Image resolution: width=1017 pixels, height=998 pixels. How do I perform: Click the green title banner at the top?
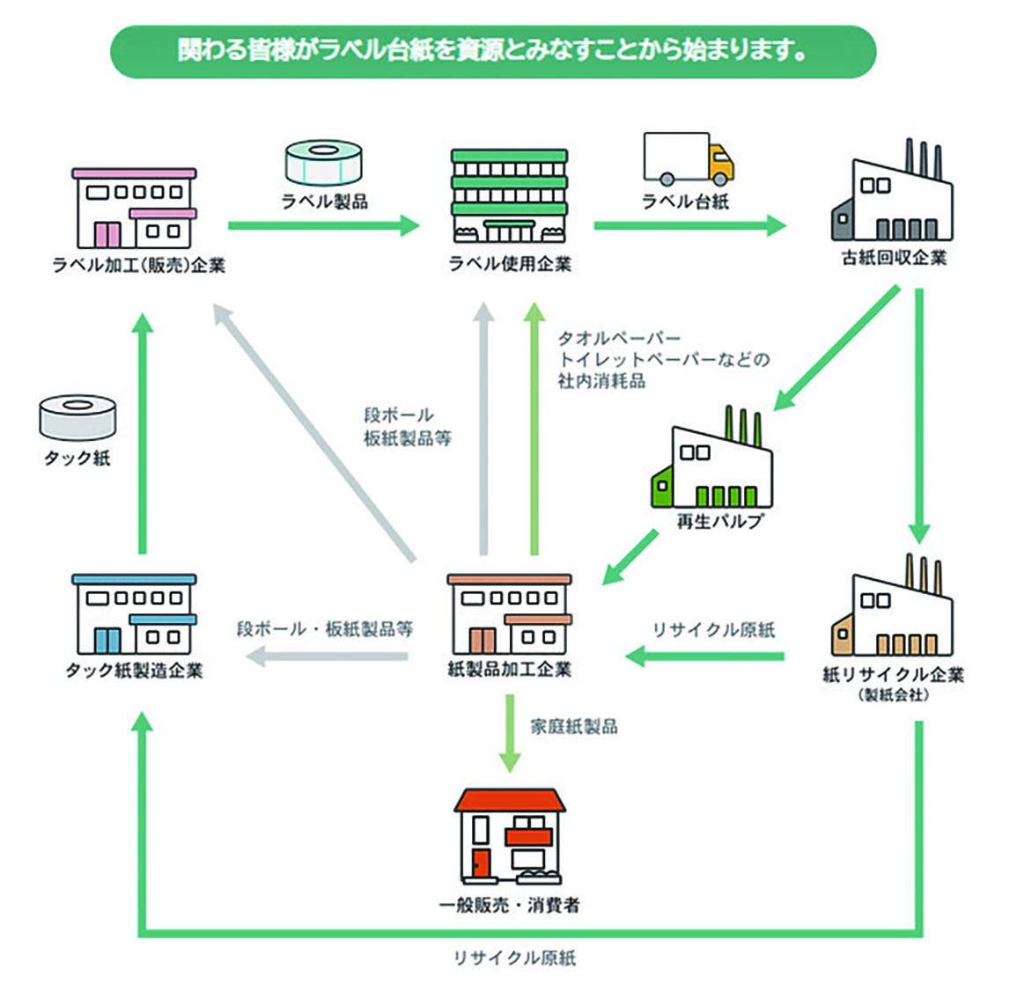coord(492,51)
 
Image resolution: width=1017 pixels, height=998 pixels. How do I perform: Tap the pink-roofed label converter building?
coord(135,208)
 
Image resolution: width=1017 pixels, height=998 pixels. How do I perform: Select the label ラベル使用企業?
coord(509,263)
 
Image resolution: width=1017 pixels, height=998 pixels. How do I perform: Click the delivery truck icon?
coord(688,159)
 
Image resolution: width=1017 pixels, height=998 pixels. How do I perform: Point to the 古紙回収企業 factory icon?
coord(892,194)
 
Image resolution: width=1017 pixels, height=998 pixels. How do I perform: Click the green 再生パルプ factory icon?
coord(712,461)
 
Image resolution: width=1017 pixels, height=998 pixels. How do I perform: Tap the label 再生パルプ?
coord(719,521)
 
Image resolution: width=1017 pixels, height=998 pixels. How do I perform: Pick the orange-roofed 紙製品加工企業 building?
coord(509,613)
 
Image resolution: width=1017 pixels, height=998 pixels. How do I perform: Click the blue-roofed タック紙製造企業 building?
coord(134,613)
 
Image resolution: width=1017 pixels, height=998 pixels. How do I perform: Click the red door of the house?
coord(480,863)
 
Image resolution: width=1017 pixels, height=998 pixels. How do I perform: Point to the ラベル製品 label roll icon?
coord(323,163)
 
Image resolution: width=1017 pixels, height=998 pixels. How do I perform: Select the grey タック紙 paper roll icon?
coord(77,418)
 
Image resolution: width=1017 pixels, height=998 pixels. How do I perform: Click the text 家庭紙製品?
coord(573,726)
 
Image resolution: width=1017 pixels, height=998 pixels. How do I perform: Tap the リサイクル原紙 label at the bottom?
coord(514,958)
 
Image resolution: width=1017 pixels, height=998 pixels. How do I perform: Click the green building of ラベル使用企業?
coord(509,195)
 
